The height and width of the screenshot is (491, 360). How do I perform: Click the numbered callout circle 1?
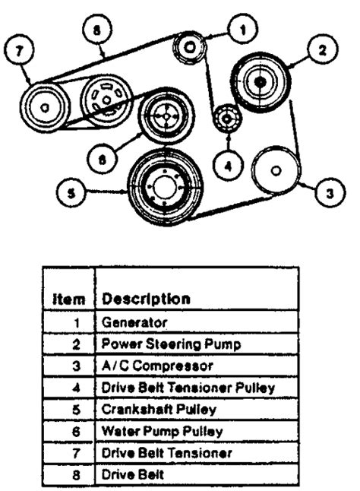(243, 29)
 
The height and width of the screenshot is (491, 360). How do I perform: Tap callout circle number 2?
(323, 49)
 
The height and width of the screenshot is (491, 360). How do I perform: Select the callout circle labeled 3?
(330, 193)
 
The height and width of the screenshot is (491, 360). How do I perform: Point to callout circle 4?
(229, 165)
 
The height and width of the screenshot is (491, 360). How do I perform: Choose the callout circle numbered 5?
(71, 192)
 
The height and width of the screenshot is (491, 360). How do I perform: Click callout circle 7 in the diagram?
(19, 50)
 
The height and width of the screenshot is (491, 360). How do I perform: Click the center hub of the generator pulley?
(190, 47)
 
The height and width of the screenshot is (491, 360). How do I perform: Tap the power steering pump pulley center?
(260, 82)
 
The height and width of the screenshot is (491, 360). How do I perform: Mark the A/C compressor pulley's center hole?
(276, 171)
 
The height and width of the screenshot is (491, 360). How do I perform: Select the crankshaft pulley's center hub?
(165, 188)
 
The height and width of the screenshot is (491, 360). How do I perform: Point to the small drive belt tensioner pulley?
(227, 119)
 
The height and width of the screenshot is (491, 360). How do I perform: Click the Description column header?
(146, 299)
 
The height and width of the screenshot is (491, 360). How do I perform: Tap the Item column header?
(68, 299)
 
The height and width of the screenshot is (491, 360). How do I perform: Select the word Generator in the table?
(134, 322)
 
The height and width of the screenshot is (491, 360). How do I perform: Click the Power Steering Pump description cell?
(172, 344)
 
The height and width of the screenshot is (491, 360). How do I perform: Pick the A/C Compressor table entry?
(157, 366)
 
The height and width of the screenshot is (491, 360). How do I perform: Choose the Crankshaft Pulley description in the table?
(159, 409)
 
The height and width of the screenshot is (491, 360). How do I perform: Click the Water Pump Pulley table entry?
(162, 431)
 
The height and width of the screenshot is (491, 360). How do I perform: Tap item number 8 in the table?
(77, 475)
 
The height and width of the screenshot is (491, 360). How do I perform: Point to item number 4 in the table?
(77, 388)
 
